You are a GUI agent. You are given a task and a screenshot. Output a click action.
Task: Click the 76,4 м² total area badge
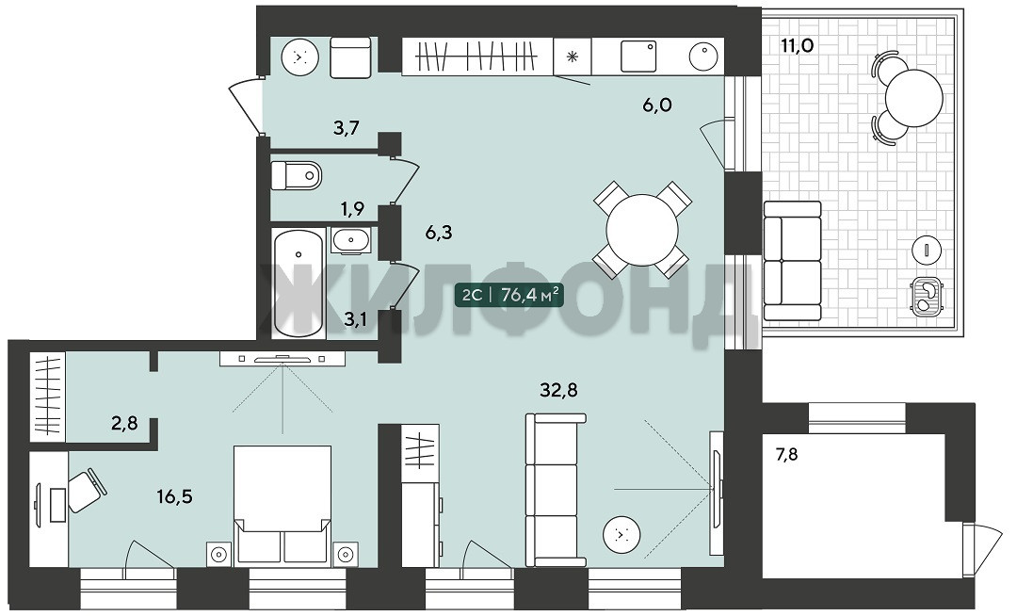coord(508,295)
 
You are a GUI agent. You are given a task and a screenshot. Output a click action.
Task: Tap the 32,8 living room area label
coord(558,390)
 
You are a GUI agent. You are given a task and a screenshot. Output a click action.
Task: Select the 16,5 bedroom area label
coord(174,497)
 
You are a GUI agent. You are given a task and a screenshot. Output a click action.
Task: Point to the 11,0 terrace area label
coord(798,45)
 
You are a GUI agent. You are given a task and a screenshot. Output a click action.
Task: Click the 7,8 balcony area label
coord(786,455)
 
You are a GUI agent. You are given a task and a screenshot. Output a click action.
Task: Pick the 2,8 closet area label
coord(124,424)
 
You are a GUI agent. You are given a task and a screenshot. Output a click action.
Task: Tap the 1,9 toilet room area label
coord(352,209)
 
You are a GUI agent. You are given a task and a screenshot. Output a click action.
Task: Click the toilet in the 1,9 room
coord(296,175)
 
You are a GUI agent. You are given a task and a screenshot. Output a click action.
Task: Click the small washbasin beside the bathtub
coord(351,240)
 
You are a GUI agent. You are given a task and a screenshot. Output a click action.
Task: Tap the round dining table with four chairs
coord(641,230)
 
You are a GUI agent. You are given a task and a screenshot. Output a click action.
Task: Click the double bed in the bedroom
coord(282,503)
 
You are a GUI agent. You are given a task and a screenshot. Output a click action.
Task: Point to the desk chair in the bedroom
coord(87,491)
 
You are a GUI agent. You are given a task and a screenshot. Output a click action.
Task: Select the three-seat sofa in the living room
coord(556,490)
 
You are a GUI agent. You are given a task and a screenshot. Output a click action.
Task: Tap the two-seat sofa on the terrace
coord(792,261)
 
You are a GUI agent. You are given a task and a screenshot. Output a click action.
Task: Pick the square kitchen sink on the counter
coord(638,56)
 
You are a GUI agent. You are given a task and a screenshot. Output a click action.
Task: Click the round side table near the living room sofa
coord(622,534)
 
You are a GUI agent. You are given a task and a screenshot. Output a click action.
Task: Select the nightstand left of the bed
coord(219,555)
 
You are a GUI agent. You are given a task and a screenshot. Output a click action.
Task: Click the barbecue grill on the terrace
coord(928,297)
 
